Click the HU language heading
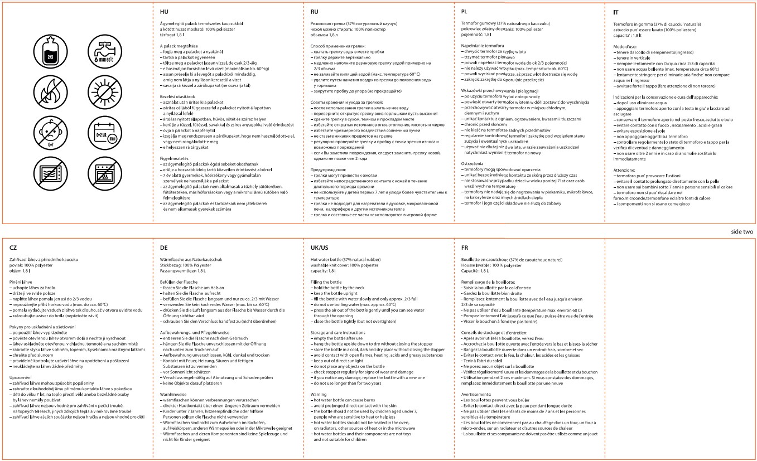point(164,11)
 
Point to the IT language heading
point(615,11)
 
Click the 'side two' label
point(742,231)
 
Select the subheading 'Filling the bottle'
point(326,283)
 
